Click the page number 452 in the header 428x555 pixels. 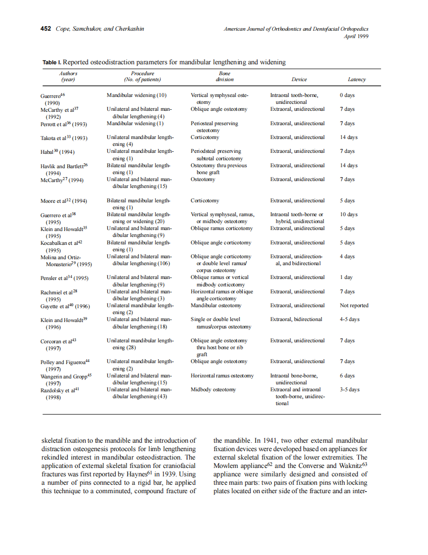(x=45, y=29)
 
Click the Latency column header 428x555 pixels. (x=356, y=79)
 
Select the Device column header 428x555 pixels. (x=299, y=79)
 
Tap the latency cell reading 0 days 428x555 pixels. (x=347, y=95)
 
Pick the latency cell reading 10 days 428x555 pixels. (x=348, y=214)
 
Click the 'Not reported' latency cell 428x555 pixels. (x=354, y=305)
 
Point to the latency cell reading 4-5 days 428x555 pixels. (x=349, y=319)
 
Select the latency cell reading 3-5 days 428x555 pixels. (x=349, y=389)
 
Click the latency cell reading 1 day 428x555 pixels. (x=346, y=277)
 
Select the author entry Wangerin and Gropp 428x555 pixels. (x=65, y=376)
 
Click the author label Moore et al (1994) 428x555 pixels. (x=63, y=201)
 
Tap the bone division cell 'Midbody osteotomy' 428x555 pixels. (x=213, y=389)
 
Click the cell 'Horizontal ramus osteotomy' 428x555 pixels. (x=222, y=375)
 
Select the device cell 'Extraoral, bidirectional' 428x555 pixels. (x=296, y=319)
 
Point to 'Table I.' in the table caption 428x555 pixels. (x=52, y=62)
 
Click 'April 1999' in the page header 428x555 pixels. (x=356, y=36)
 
